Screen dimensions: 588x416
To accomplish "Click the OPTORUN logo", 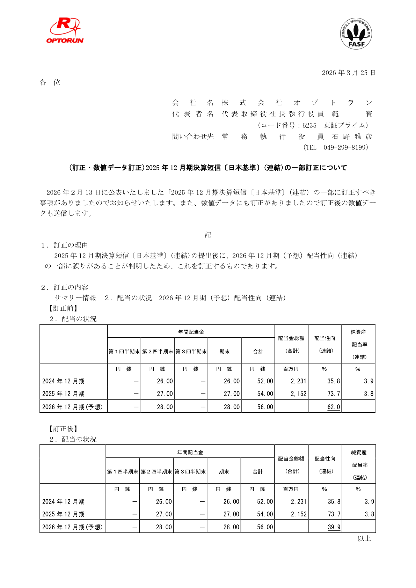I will [65, 31].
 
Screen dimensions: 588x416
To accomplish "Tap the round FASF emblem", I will [356, 34].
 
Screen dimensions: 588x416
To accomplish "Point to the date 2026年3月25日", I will [348, 73].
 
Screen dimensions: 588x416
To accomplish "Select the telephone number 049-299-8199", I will [345, 147].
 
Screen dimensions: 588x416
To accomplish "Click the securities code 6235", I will [309, 125].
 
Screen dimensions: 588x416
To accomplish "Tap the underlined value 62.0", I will [334, 407].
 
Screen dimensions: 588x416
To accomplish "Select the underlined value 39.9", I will [334, 527].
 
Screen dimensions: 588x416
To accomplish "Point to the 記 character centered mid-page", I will [208, 235].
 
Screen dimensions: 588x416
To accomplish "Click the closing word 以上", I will [364, 538].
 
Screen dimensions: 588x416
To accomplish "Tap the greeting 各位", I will [50, 82].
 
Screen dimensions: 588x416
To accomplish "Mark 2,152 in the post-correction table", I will [299, 514].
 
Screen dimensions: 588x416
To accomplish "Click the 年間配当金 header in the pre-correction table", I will [191, 332].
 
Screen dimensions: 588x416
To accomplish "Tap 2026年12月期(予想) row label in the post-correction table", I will [72, 527].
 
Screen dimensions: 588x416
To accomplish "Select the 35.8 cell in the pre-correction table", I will [334, 381].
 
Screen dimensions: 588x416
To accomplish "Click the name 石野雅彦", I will [352, 137].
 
